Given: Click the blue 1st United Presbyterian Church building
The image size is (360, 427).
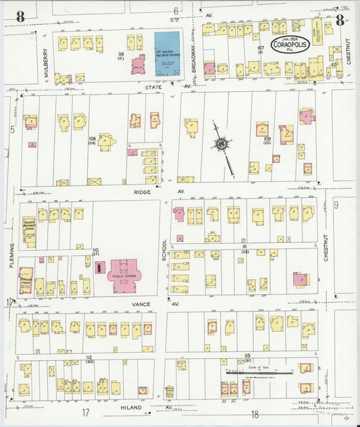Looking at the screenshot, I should point(167,53).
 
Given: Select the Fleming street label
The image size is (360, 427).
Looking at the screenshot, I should point(12,255).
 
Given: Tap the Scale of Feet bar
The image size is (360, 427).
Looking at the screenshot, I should point(259,371).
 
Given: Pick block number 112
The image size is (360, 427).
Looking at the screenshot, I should point(88,356).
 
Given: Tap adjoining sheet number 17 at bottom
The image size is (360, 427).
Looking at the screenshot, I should point(86,412).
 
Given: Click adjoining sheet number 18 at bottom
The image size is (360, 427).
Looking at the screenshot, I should point(255,413).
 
